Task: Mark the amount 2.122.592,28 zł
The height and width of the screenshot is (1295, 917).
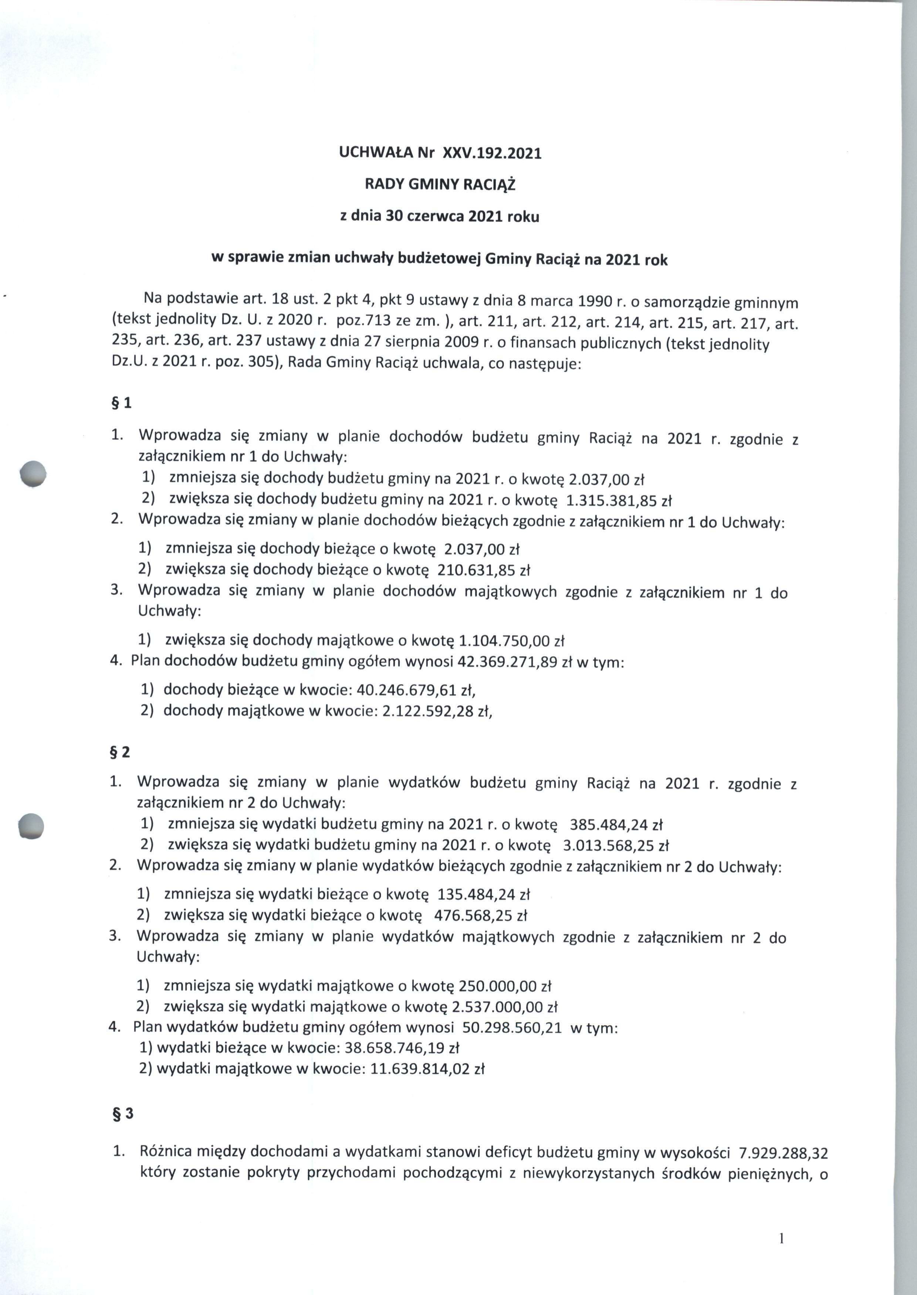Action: (436, 711)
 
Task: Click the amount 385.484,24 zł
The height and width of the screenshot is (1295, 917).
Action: (616, 825)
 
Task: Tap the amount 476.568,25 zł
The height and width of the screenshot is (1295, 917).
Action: (480, 915)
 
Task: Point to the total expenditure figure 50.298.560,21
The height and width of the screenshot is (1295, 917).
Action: (512, 1027)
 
